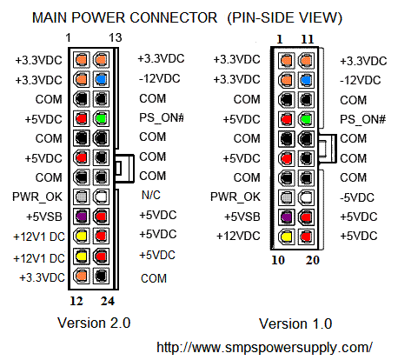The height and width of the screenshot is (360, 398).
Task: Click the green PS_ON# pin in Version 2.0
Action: [x=101, y=117]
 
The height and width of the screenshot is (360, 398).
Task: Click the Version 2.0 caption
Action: [x=93, y=323]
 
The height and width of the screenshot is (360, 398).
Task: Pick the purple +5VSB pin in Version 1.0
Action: [x=287, y=216]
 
